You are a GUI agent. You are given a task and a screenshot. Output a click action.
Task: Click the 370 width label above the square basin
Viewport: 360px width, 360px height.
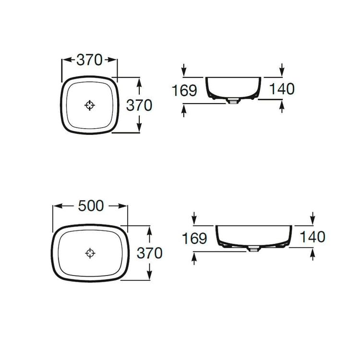pos(89,60)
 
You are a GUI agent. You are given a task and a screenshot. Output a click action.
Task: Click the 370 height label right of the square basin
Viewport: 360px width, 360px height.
pos(139,106)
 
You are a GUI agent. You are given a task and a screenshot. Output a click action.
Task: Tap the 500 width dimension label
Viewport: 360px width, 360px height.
pos(91,206)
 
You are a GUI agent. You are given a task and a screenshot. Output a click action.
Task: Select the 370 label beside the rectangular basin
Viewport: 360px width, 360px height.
pos(149,253)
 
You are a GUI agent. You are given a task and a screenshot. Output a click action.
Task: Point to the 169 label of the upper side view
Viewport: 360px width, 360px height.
pos(184,90)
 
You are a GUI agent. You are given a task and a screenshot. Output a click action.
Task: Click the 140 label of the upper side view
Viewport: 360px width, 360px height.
pos(282,89)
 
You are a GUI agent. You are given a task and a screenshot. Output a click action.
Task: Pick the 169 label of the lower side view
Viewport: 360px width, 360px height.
pos(194,238)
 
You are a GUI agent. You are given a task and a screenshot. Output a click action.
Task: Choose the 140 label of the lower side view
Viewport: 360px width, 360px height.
pos(312,237)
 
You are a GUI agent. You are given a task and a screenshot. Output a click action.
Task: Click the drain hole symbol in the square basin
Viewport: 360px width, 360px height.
pos(90,106)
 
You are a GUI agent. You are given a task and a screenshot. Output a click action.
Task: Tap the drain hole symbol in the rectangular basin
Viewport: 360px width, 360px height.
pos(90,253)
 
